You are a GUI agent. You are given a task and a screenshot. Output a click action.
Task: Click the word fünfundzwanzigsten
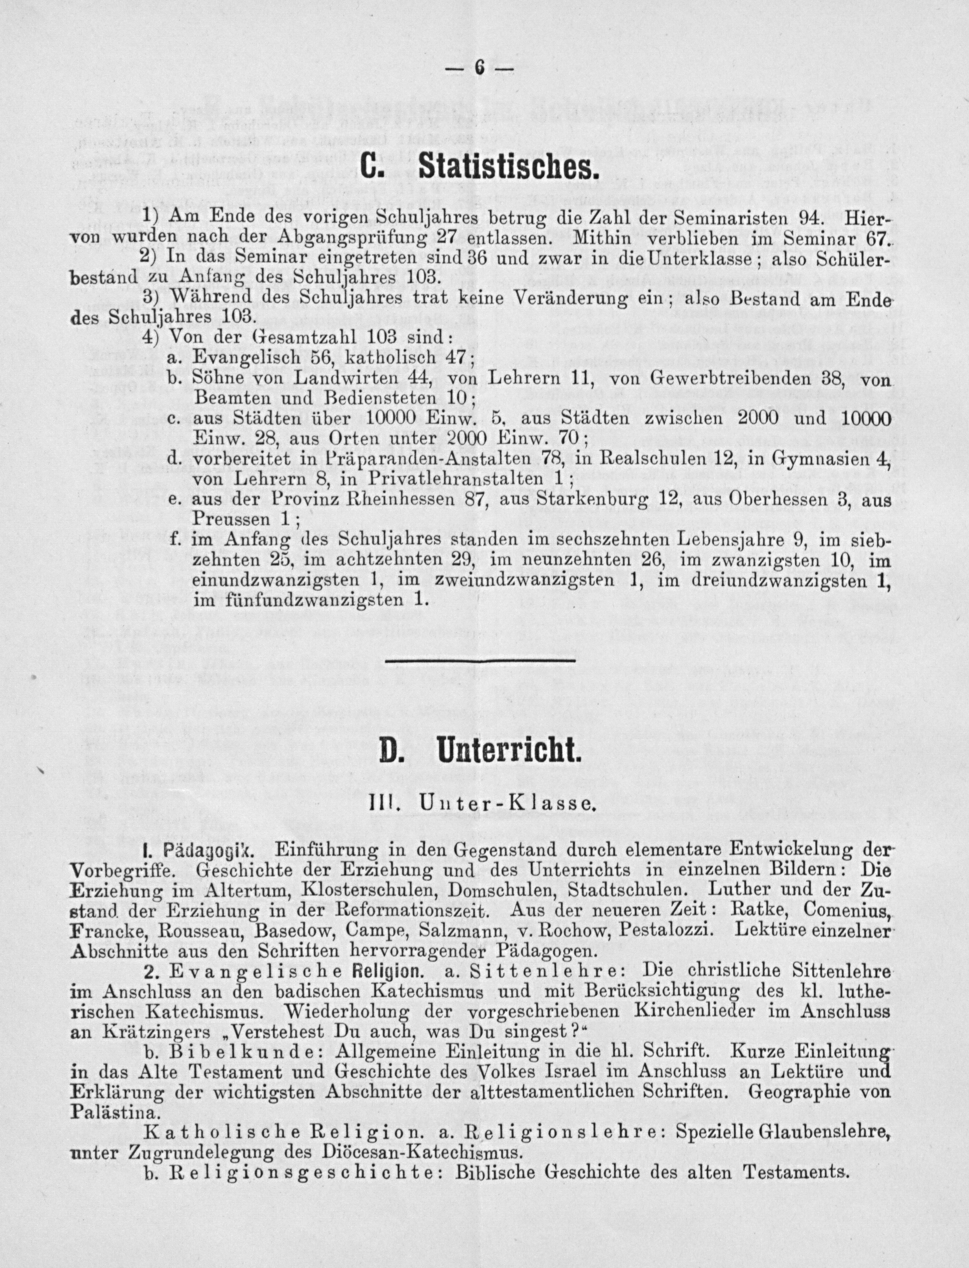click(300, 600)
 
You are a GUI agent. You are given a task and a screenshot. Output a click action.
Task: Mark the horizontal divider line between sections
click(480, 660)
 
